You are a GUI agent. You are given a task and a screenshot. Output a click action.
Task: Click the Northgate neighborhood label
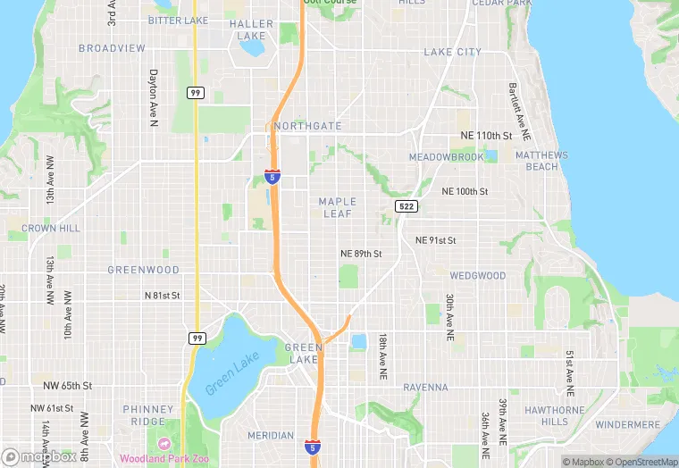pyautogui.click(x=309, y=126)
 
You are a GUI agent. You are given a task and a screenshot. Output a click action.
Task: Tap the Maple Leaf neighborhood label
pyautogui.click(x=337, y=207)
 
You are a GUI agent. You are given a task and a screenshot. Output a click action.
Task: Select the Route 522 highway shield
pyautogui.click(x=406, y=206)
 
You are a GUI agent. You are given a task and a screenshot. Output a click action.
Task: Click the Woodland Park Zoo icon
pyautogui.click(x=164, y=444)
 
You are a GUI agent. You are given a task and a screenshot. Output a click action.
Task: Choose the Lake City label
pyautogui.click(x=452, y=52)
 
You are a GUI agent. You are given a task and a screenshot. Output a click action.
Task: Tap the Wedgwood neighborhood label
pyautogui.click(x=477, y=276)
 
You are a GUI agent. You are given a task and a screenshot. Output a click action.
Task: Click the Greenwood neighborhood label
pyautogui.click(x=143, y=270)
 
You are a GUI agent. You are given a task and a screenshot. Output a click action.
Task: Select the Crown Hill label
pyautogui.click(x=51, y=229)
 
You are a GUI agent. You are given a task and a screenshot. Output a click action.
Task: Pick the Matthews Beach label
pyautogui.click(x=541, y=161)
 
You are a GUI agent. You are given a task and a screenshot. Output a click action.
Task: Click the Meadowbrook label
pyautogui.click(x=446, y=157)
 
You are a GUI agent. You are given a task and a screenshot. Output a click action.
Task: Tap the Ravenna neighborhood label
pyautogui.click(x=425, y=388)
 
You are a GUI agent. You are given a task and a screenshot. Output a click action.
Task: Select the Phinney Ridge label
pyautogui.click(x=148, y=415)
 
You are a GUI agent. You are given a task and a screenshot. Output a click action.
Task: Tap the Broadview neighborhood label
pyautogui.click(x=112, y=48)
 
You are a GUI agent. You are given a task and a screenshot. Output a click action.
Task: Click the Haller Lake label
pyautogui.click(x=252, y=30)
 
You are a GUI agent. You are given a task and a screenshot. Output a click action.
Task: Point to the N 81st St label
pyautogui.click(x=163, y=295)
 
